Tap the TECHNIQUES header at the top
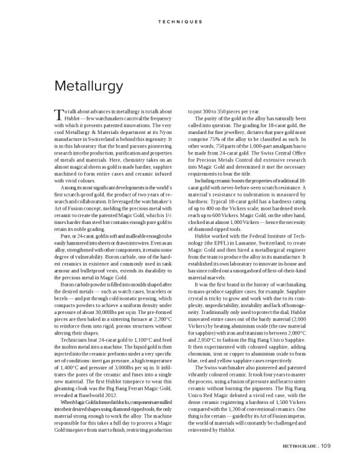tap(179, 21)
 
